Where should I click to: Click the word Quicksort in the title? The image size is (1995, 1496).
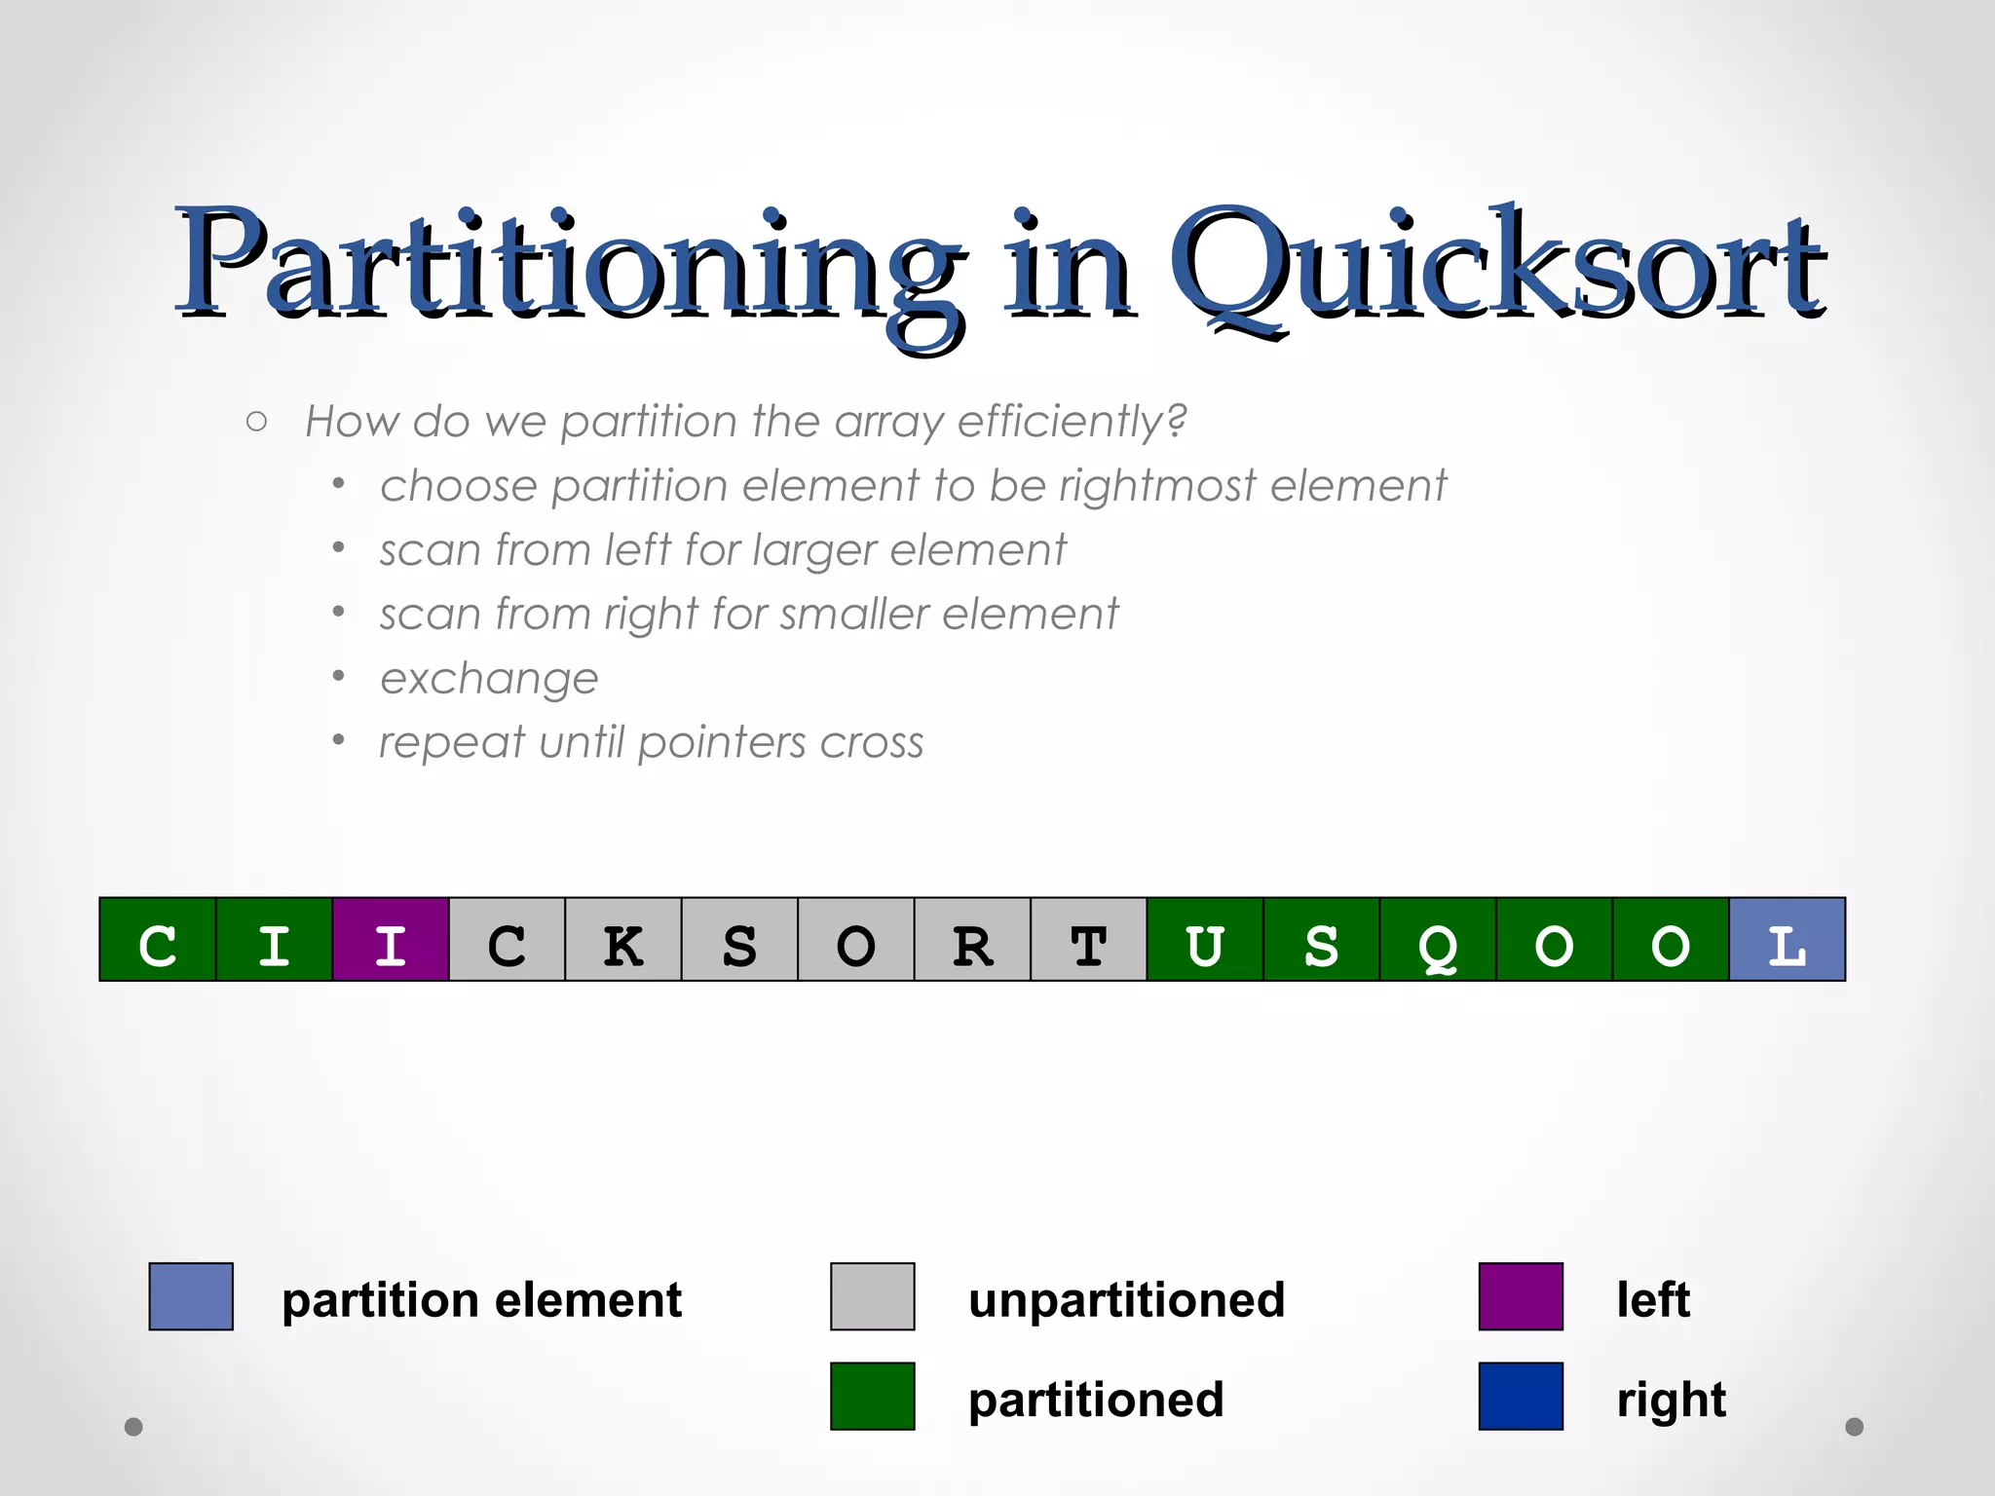pos(1495,268)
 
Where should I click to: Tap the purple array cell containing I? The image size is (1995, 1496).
pos(391,940)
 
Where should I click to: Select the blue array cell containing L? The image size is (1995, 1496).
pos(1787,940)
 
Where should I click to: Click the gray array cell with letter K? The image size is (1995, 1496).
pos(623,940)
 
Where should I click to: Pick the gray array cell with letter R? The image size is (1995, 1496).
pos(972,940)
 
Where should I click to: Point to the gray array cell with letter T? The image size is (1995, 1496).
pos(1088,940)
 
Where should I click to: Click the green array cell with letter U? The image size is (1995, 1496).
pos(1205,940)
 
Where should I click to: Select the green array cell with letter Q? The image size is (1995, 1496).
pos(1438,940)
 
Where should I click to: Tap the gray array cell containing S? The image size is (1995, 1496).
pos(739,940)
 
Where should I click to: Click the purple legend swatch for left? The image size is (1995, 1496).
pos(1521,1296)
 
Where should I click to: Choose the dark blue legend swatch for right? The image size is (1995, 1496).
pos(1521,1396)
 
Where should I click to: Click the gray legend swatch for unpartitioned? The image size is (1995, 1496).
pos(872,1296)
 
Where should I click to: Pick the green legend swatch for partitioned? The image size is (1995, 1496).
pos(872,1396)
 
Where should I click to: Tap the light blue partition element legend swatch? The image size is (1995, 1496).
pos(191,1296)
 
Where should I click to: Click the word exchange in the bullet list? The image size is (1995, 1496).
pos(489,679)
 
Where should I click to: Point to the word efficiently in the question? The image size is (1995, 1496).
pos(1072,422)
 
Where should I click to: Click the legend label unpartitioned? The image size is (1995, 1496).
pos(1126,1300)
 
